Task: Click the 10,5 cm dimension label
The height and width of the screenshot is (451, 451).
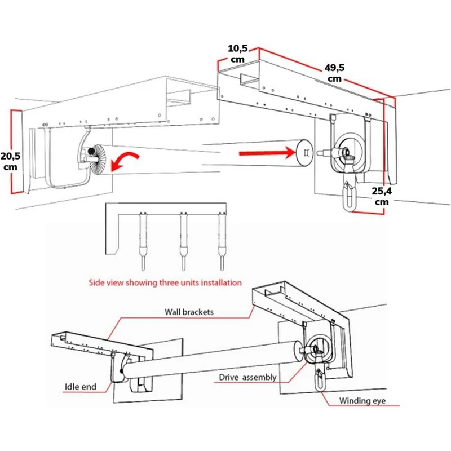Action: pyautogui.click(x=237, y=54)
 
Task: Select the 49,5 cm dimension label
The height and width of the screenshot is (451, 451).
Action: pyautogui.click(x=334, y=73)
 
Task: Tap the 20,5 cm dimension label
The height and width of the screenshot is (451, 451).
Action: pyautogui.click(x=10, y=161)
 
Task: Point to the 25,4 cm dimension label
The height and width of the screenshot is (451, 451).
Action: pyautogui.click(x=382, y=196)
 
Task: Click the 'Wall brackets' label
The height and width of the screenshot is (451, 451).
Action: pyautogui.click(x=189, y=312)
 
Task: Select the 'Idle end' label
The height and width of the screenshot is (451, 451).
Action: pyautogui.click(x=81, y=387)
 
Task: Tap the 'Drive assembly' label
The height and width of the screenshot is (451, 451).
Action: pyautogui.click(x=247, y=377)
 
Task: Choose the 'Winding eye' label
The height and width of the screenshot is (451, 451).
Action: pyautogui.click(x=362, y=401)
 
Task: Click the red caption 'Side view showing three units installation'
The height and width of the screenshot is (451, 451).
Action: pyautogui.click(x=165, y=282)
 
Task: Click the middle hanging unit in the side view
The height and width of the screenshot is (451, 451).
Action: pyautogui.click(x=183, y=242)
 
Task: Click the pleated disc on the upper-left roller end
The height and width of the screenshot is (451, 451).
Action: pyautogui.click(x=98, y=159)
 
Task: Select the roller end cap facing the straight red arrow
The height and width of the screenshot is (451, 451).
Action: pyautogui.click(x=304, y=153)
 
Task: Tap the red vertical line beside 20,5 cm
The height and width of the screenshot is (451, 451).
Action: pyautogui.click(x=12, y=152)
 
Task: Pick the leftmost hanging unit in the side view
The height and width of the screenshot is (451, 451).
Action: pyautogui.click(x=143, y=242)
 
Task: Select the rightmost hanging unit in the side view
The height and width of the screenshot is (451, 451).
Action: pyautogui.click(x=222, y=242)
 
